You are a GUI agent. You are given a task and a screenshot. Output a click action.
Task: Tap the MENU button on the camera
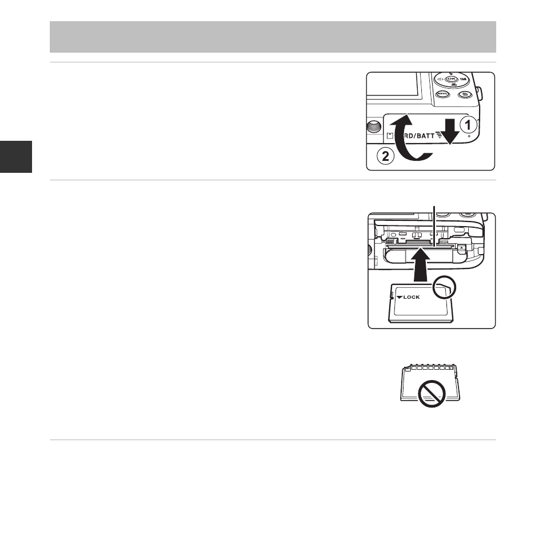tap(442, 93)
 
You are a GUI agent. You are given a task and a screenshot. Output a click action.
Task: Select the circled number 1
tap(468, 125)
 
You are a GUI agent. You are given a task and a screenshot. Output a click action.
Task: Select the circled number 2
tap(386, 156)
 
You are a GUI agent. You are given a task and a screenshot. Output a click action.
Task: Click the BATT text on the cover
tap(425, 136)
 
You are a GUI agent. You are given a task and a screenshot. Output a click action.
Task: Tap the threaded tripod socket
tap(374, 126)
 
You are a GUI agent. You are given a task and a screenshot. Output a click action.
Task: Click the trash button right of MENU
tap(465, 94)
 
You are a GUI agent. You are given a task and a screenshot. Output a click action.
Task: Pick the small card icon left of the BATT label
tap(390, 136)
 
